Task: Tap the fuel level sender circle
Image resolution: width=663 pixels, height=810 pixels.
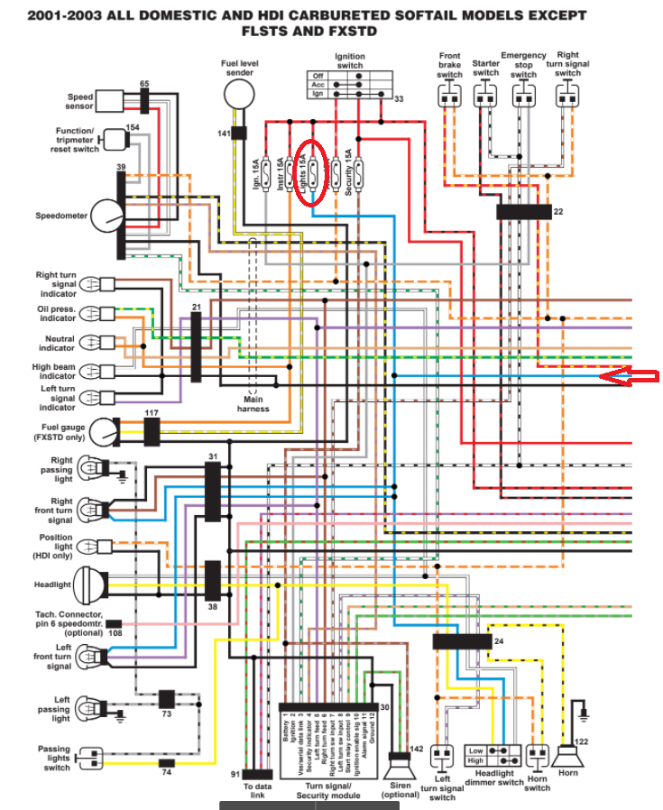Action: [x=240, y=93]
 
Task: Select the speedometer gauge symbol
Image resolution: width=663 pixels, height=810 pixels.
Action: [x=106, y=216]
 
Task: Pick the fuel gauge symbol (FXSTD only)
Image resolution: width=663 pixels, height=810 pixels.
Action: [x=104, y=432]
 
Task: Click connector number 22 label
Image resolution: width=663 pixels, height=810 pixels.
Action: [x=558, y=211]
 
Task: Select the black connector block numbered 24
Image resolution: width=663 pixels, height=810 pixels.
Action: [x=461, y=641]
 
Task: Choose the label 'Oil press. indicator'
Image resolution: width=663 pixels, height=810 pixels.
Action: [x=56, y=313]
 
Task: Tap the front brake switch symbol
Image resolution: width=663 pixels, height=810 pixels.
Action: [x=449, y=94]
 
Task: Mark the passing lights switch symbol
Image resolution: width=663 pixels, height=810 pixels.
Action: [x=91, y=759]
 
